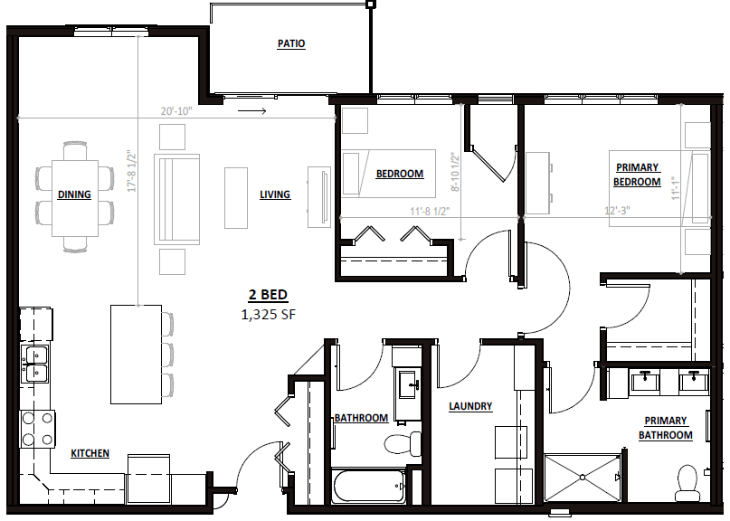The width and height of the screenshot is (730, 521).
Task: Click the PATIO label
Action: click(x=291, y=43)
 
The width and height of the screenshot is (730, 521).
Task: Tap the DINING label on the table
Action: click(x=74, y=194)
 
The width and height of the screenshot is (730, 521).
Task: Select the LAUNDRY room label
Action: click(x=470, y=406)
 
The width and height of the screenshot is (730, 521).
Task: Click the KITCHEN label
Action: click(x=90, y=453)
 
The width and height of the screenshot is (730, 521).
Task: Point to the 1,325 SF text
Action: click(x=268, y=315)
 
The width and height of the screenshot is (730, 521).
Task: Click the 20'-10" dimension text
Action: click(x=176, y=111)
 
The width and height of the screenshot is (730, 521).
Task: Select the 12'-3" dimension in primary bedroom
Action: click(x=617, y=211)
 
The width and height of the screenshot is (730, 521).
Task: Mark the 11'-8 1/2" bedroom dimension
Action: click(x=430, y=212)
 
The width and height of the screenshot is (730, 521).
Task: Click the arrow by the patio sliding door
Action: click(x=251, y=111)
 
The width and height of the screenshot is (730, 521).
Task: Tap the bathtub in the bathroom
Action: click(x=369, y=486)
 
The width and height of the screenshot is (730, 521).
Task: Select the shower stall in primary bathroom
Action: click(x=583, y=478)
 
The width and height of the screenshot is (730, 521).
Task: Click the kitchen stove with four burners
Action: click(x=37, y=429)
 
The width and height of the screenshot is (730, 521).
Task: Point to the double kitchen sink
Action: click(x=35, y=365)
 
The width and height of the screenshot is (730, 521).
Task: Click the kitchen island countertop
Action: click(x=136, y=355)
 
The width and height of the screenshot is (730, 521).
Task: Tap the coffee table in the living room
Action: click(x=236, y=198)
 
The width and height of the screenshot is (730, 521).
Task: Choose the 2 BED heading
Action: click(x=268, y=295)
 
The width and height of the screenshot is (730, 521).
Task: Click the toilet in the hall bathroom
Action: click(x=403, y=444)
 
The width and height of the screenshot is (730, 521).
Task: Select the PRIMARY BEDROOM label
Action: click(x=637, y=175)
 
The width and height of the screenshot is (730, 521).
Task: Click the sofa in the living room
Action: click(x=177, y=199)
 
